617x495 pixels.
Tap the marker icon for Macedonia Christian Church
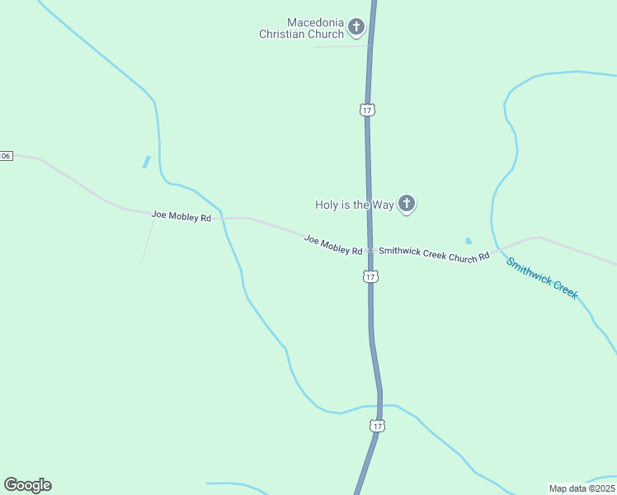tap(356, 27)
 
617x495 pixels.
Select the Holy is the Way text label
tap(354, 205)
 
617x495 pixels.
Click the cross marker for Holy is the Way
tap(406, 203)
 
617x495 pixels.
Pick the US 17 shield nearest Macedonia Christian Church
tap(367, 109)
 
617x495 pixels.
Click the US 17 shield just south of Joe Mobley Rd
tap(371, 277)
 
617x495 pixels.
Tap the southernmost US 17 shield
tap(377, 426)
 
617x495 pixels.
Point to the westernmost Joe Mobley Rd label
tap(181, 216)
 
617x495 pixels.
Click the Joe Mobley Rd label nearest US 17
tap(333, 245)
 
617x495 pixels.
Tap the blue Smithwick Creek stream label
tap(542, 279)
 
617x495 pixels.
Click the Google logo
tap(27, 485)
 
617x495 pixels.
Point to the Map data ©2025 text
tap(581, 488)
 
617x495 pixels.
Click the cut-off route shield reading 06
tap(6, 156)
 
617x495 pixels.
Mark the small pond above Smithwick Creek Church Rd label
tap(469, 241)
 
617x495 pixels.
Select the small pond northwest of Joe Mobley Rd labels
tap(147, 162)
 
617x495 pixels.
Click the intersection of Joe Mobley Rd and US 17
tap(370, 250)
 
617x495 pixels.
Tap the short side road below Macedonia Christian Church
tap(340, 46)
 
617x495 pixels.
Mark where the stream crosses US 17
tap(380, 405)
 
